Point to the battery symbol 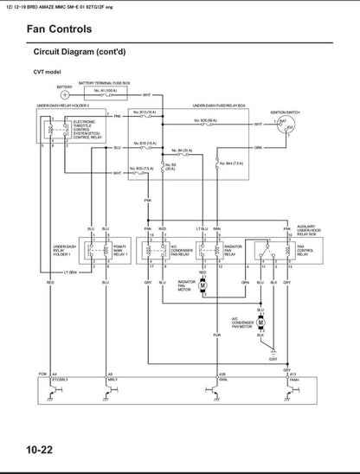click(x=66, y=94)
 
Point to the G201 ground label click(x=273, y=358)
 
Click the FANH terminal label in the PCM click(x=295, y=379)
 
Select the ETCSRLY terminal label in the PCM click(x=60, y=379)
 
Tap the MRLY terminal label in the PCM click(x=112, y=379)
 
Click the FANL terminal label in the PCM click(x=222, y=379)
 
